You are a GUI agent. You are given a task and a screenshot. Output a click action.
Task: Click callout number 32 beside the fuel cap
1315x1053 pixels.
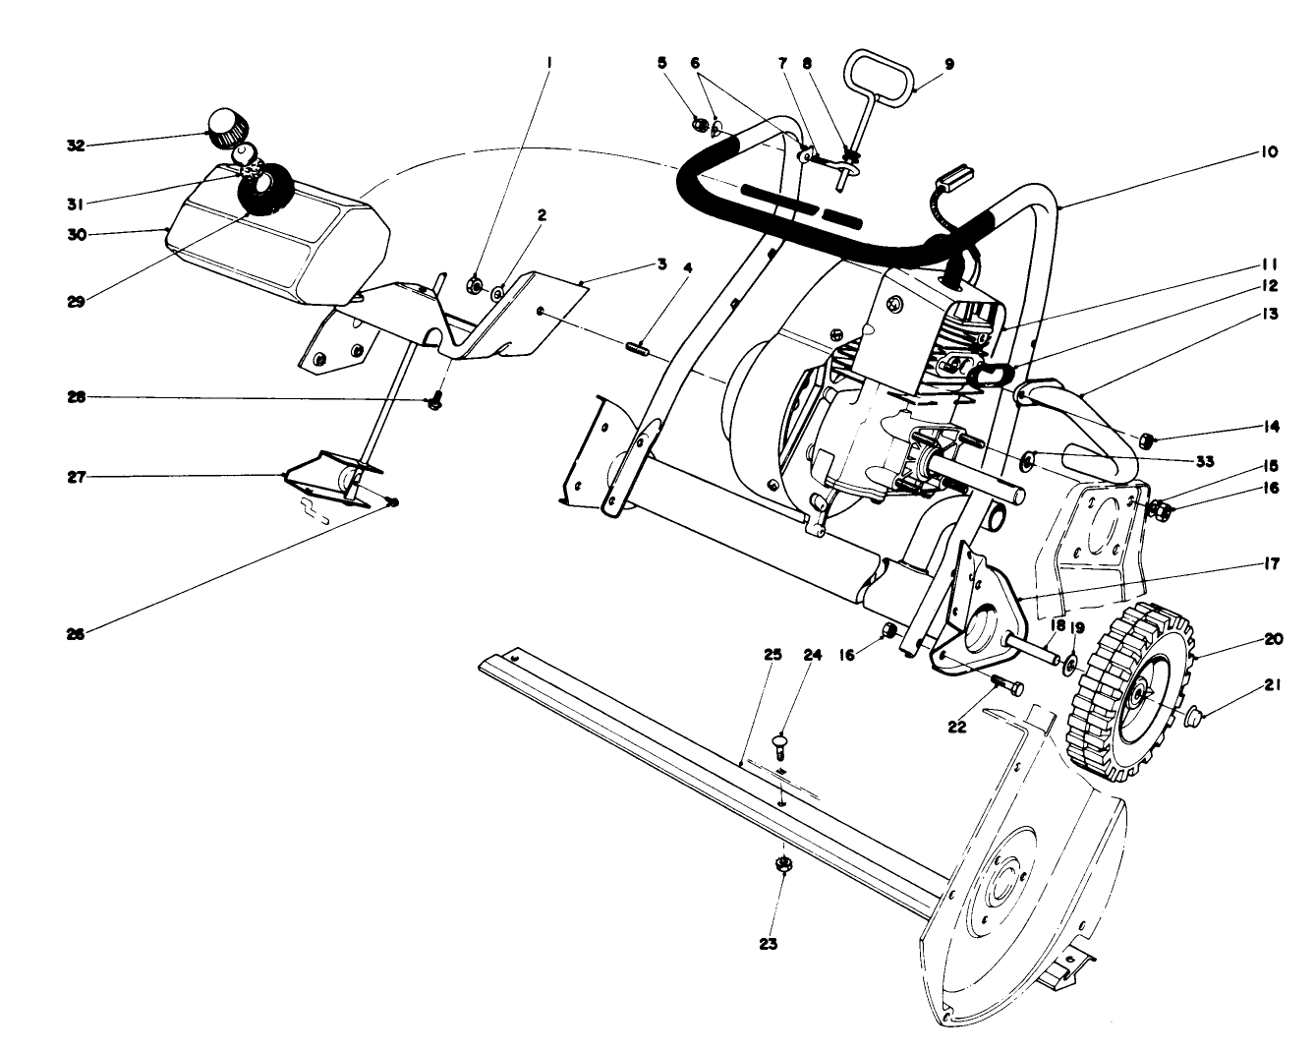click(73, 145)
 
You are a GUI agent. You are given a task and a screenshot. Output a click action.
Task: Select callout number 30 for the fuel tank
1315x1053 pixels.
click(73, 234)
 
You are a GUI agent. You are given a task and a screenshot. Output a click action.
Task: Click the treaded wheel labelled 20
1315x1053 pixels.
click(1127, 693)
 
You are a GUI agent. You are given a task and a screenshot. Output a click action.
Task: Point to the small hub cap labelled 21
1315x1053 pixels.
click(1195, 715)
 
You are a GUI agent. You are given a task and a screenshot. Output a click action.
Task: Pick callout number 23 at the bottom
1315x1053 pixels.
click(768, 943)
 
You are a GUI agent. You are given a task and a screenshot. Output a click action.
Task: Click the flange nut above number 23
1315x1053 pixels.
click(783, 865)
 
